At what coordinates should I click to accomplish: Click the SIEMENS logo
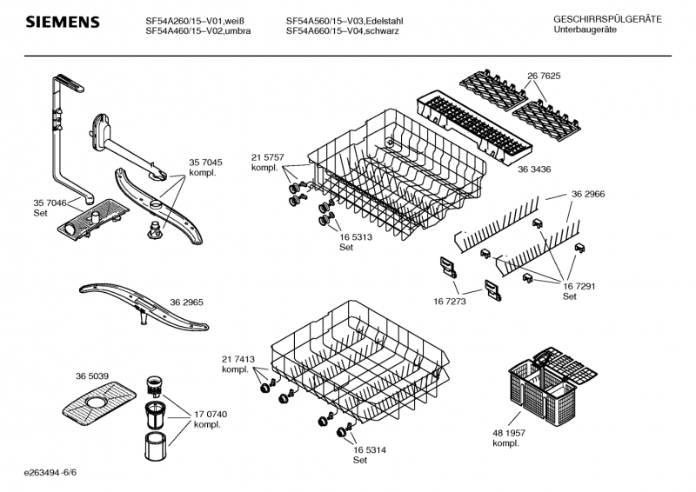[62, 22]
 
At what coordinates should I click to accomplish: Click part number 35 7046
[48, 202]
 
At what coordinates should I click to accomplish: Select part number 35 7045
[205, 163]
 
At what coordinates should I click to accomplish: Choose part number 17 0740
[209, 414]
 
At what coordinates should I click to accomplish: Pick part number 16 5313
[355, 236]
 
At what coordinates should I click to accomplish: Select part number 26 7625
[543, 76]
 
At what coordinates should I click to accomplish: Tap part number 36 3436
[532, 168]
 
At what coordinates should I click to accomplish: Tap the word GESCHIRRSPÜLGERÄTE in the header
[607, 19]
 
